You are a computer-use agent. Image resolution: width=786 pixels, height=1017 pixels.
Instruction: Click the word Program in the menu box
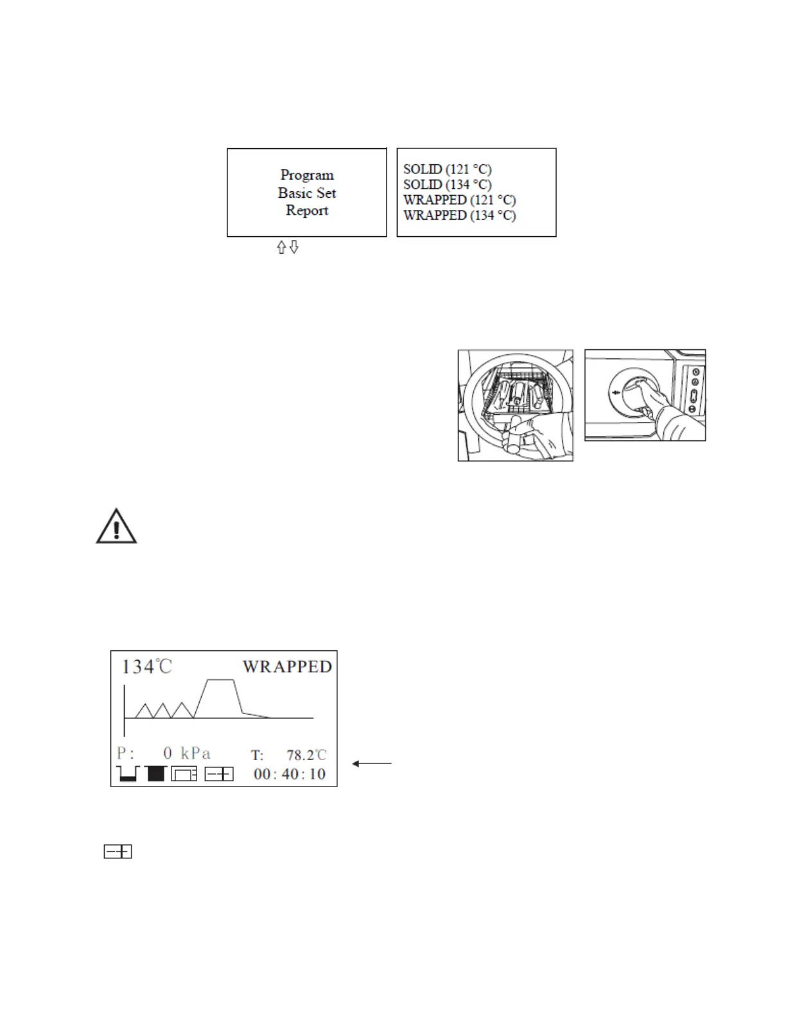307,175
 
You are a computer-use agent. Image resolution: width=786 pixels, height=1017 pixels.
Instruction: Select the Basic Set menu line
307,193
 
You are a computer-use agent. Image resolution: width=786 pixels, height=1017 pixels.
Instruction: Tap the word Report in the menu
307,210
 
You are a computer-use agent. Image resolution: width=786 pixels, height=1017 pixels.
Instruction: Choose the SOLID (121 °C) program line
447,169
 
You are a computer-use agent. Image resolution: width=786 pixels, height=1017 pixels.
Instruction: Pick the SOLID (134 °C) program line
447,185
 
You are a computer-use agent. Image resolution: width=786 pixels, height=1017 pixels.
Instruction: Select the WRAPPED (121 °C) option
459,200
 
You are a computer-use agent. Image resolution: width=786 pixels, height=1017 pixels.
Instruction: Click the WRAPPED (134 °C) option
459,216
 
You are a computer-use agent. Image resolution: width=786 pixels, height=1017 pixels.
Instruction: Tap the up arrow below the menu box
281,247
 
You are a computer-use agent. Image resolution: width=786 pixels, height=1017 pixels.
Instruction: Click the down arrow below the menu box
294,247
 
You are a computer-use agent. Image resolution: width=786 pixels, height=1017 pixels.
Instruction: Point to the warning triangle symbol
116,527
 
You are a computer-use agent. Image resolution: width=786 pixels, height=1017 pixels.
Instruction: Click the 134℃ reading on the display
146,666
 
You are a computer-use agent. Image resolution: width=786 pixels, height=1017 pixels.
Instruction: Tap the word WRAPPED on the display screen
287,666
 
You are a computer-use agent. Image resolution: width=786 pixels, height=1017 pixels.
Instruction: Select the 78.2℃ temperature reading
306,755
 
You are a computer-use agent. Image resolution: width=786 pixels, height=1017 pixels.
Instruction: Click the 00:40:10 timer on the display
290,774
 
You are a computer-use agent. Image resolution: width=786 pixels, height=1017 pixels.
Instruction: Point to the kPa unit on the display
195,753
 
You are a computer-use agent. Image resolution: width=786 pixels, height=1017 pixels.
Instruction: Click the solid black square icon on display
156,774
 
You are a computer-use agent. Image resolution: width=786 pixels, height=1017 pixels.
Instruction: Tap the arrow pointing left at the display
371,763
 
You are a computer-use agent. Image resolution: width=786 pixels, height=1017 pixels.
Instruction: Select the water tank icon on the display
128,774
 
